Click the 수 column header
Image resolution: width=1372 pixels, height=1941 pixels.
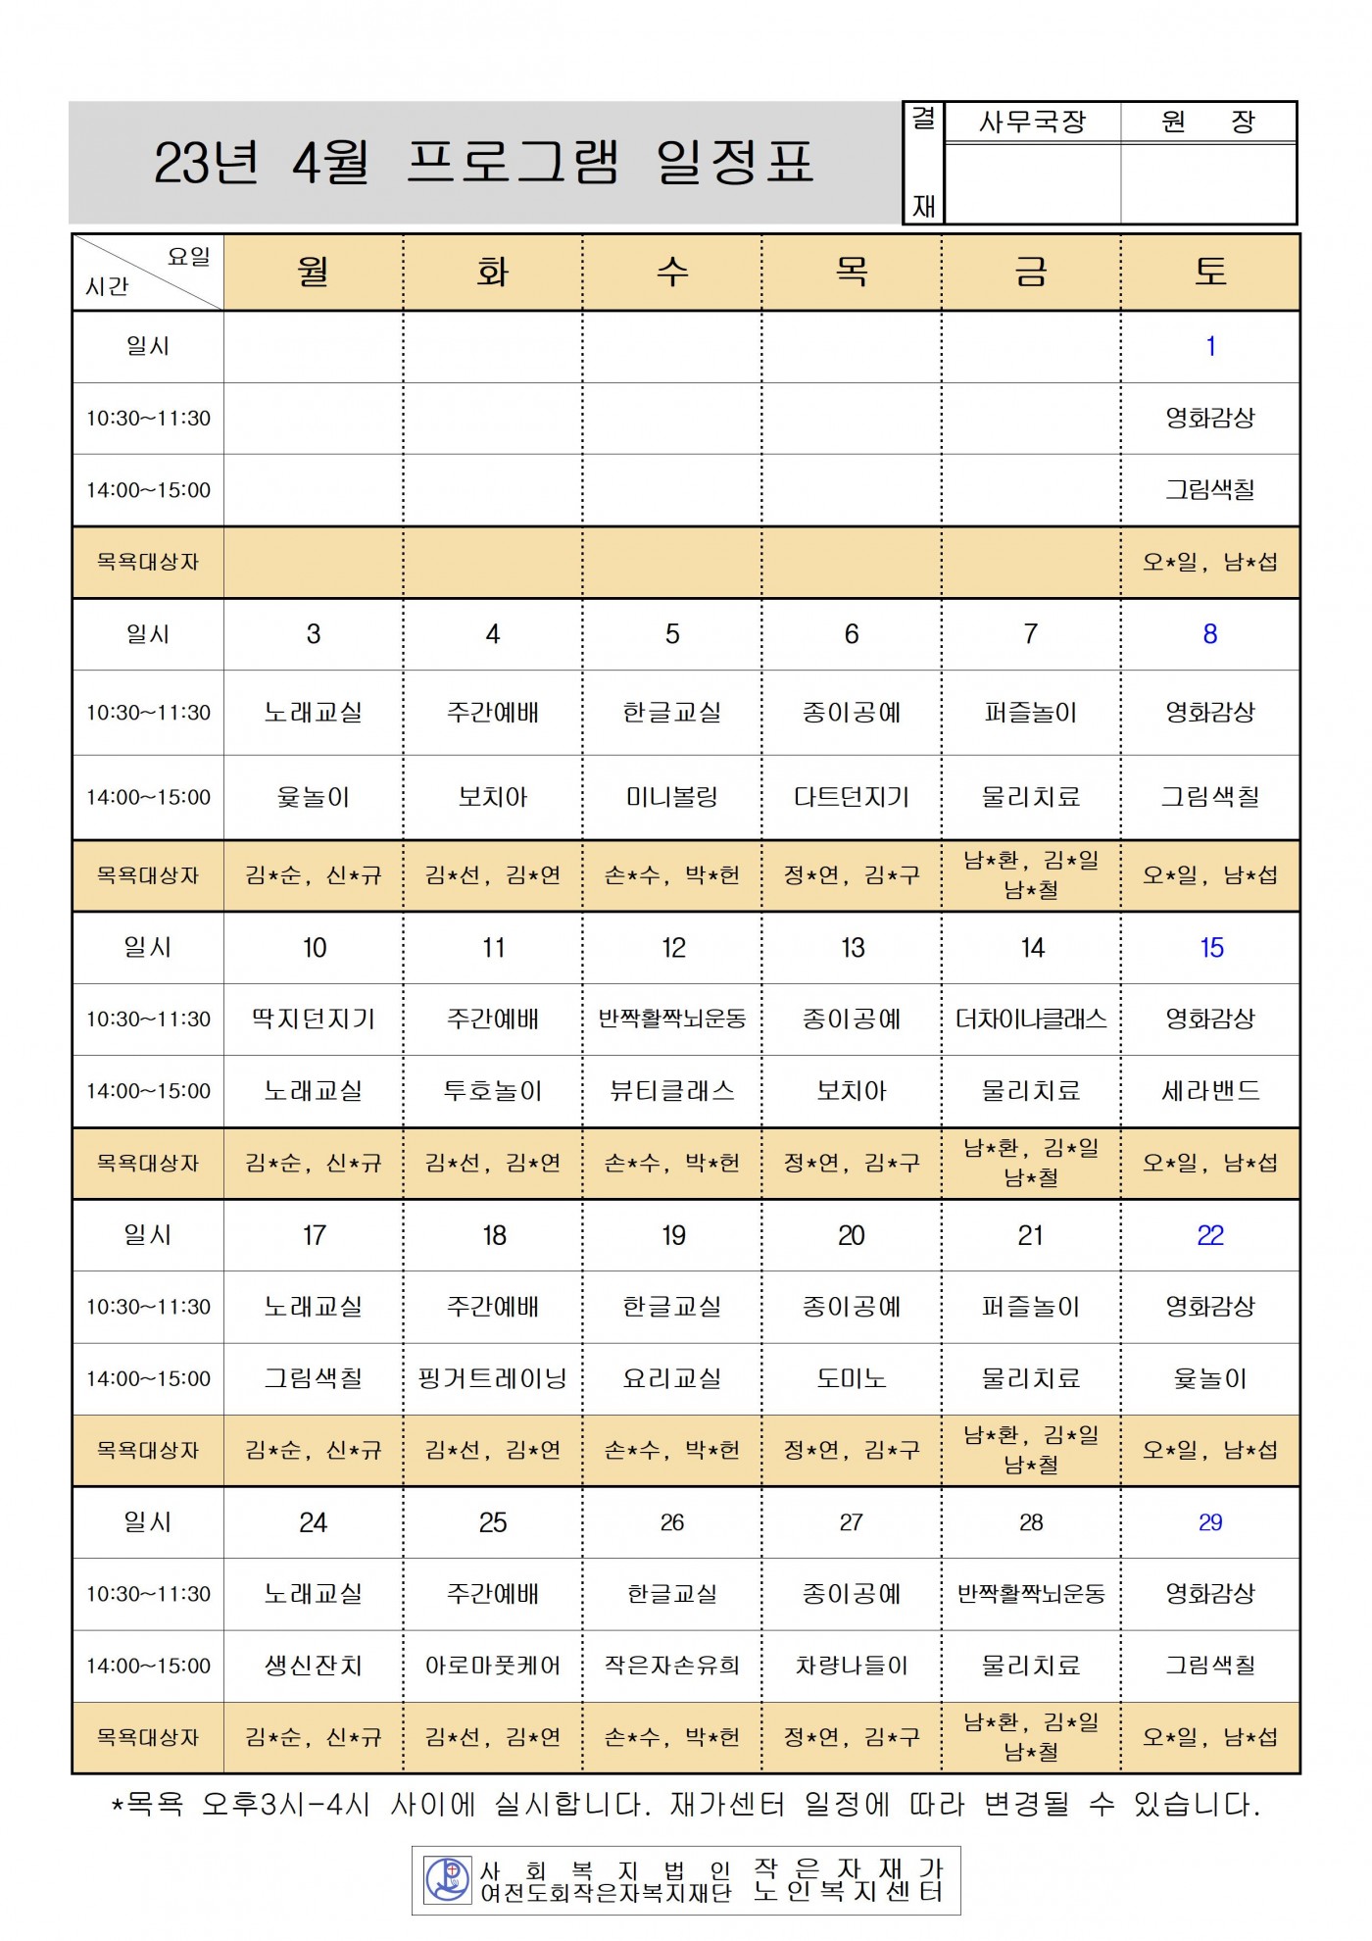point(672,272)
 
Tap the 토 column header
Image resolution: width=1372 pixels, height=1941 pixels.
point(1210,272)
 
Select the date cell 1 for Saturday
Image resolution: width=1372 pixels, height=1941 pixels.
point(1210,346)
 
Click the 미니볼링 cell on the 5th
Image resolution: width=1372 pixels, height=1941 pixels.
point(672,797)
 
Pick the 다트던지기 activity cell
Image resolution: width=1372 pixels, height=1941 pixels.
point(852,797)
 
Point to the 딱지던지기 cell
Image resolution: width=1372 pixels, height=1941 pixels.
point(314,1020)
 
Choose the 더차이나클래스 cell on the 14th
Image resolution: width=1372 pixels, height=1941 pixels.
point(1031,1020)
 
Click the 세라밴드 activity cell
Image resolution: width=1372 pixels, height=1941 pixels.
point(1210,1091)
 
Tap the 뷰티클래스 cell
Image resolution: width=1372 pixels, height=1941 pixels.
point(672,1091)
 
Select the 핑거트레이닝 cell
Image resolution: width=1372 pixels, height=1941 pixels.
point(493,1379)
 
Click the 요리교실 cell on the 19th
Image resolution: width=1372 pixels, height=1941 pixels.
point(672,1379)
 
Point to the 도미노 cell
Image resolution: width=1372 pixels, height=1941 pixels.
point(852,1379)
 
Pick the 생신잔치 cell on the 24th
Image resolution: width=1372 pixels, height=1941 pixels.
point(314,1666)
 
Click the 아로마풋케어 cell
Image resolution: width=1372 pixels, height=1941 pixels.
point(493,1666)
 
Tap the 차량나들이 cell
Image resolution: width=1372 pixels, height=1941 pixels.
point(852,1666)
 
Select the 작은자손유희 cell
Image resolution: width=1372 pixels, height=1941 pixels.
point(672,1666)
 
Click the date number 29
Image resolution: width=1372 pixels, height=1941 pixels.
point(1210,1522)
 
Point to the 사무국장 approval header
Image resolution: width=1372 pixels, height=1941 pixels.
point(1033,122)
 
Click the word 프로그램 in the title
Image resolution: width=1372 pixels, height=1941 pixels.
point(513,162)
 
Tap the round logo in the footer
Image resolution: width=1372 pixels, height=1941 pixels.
point(448,1879)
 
